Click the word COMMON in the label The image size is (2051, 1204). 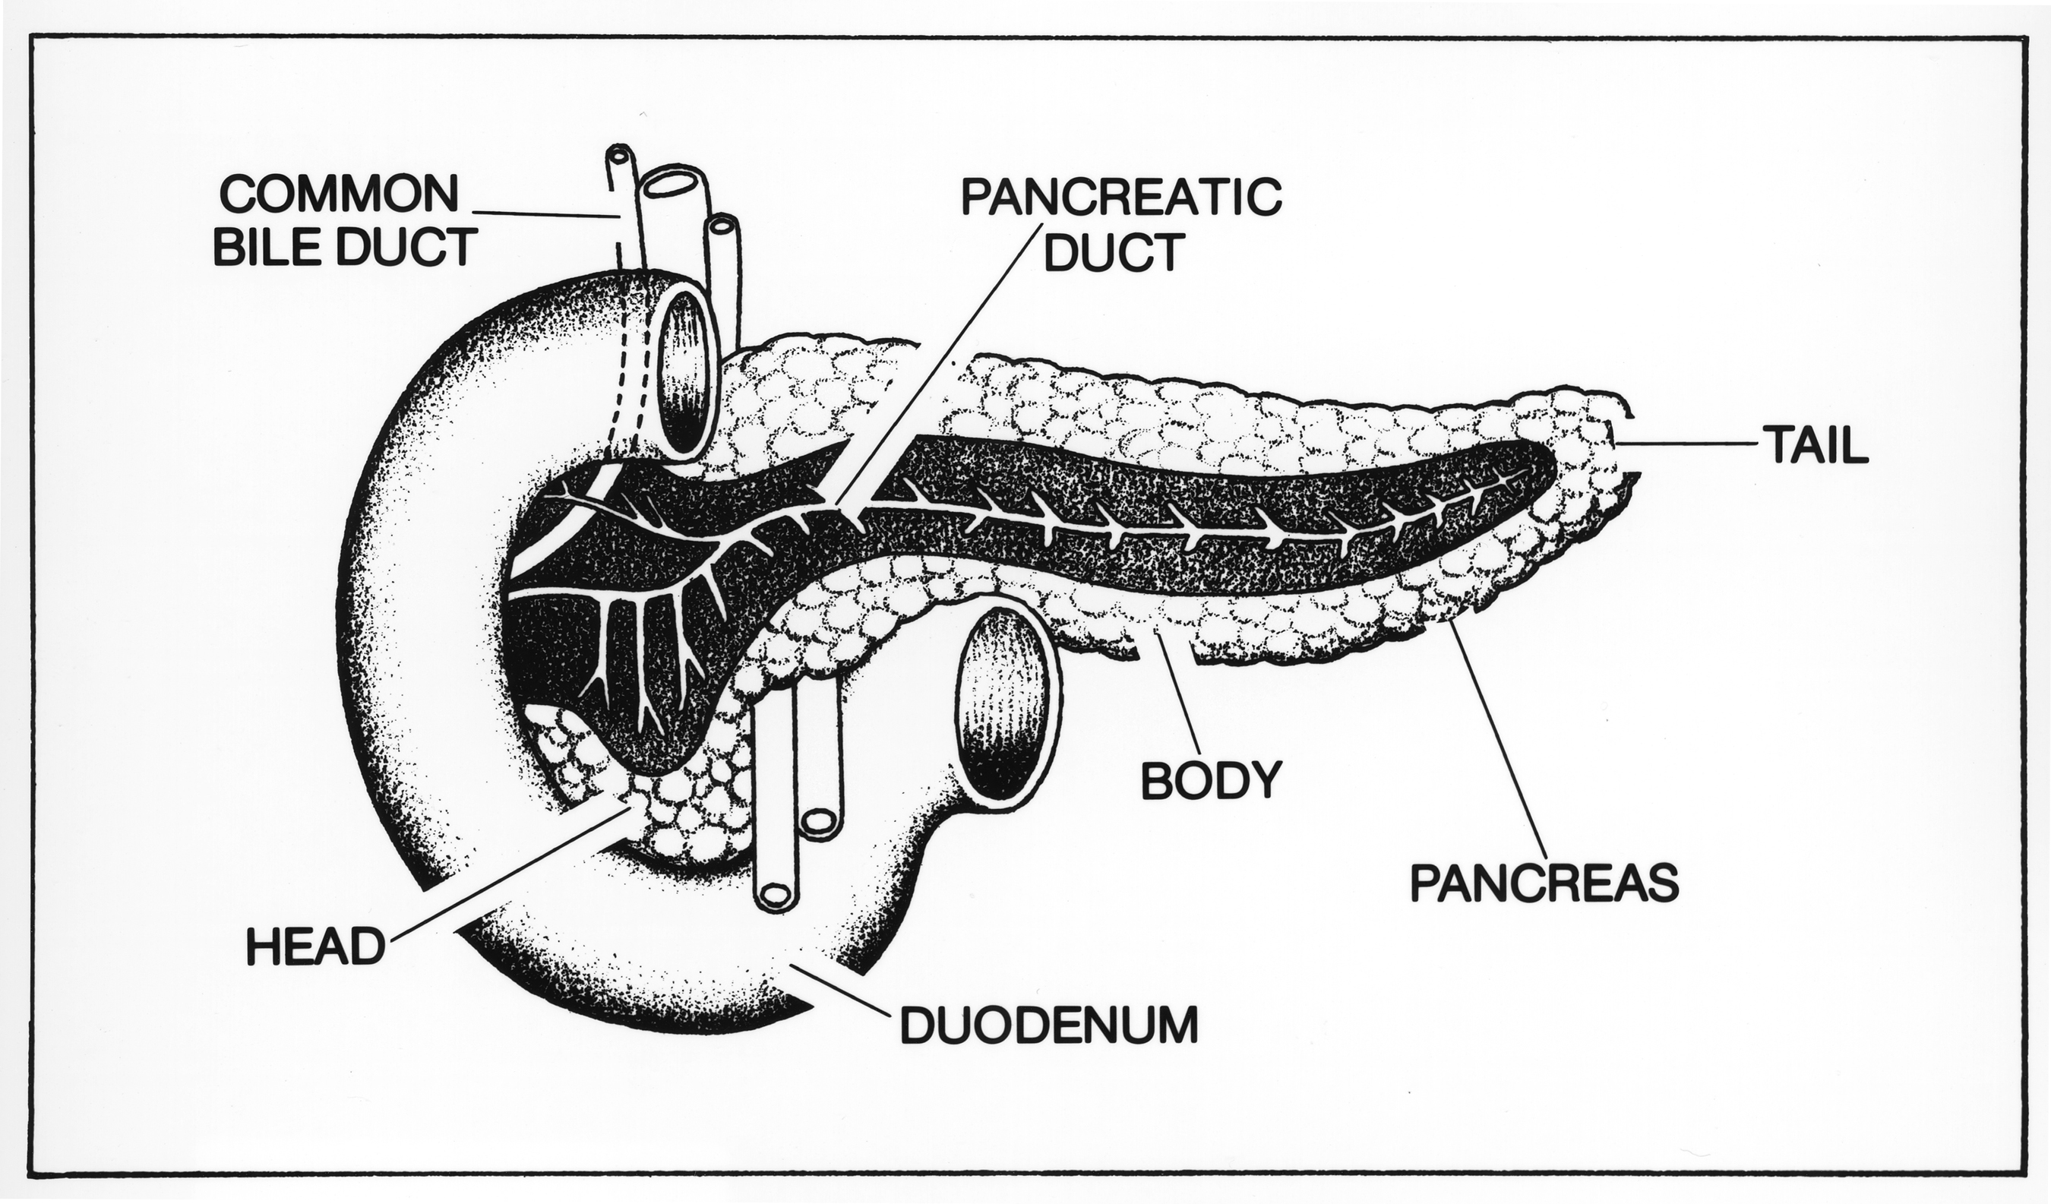340,194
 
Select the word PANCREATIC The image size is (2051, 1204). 1120,198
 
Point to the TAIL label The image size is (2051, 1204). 1816,446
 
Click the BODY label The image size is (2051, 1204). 1211,781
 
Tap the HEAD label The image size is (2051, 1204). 316,947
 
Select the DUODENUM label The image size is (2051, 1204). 1049,1025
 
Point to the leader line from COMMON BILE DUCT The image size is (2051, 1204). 545,214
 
